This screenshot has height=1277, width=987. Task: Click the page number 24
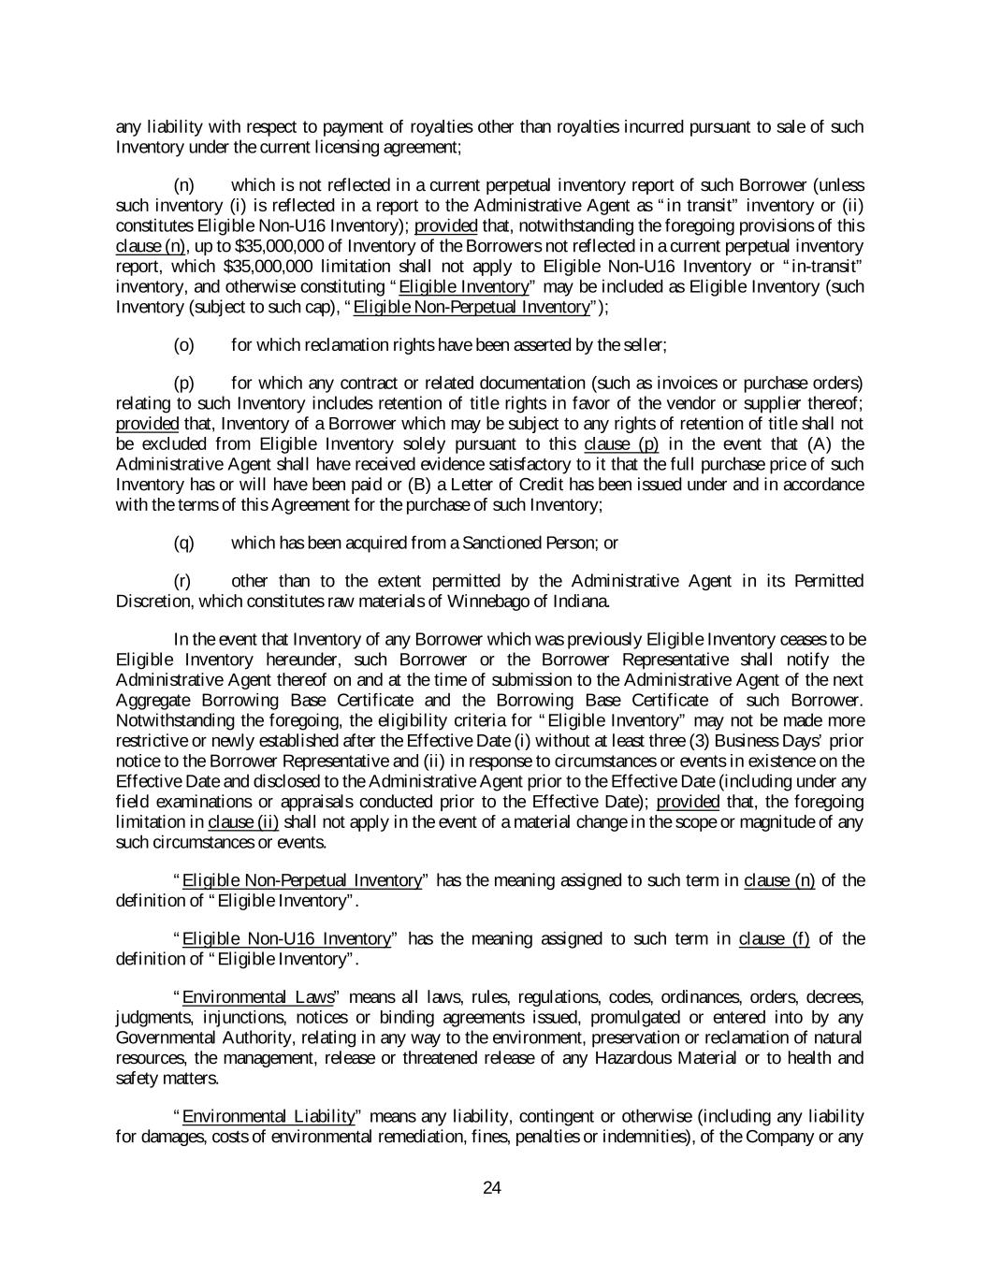[493, 1188]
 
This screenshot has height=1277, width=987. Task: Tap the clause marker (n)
[184, 185]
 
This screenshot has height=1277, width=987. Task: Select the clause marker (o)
[184, 345]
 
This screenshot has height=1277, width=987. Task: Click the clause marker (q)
[184, 543]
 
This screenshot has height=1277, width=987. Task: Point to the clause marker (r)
[183, 581]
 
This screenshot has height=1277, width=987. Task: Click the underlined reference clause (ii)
[243, 821]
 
